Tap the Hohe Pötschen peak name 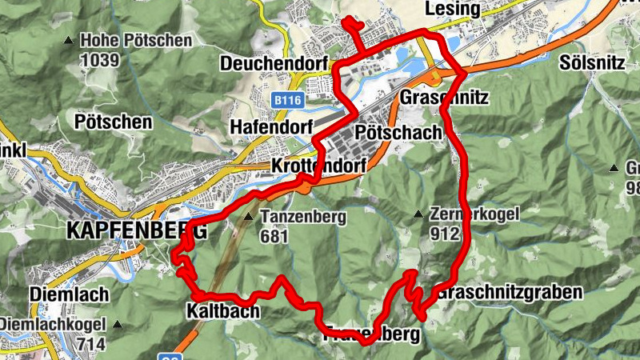click(136, 40)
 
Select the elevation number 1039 click(99, 59)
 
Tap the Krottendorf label click(318, 165)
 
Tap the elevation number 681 click(274, 236)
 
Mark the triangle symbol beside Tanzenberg click(249, 217)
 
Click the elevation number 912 click(444, 234)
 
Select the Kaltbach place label click(223, 311)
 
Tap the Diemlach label click(69, 295)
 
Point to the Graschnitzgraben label click(510, 292)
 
